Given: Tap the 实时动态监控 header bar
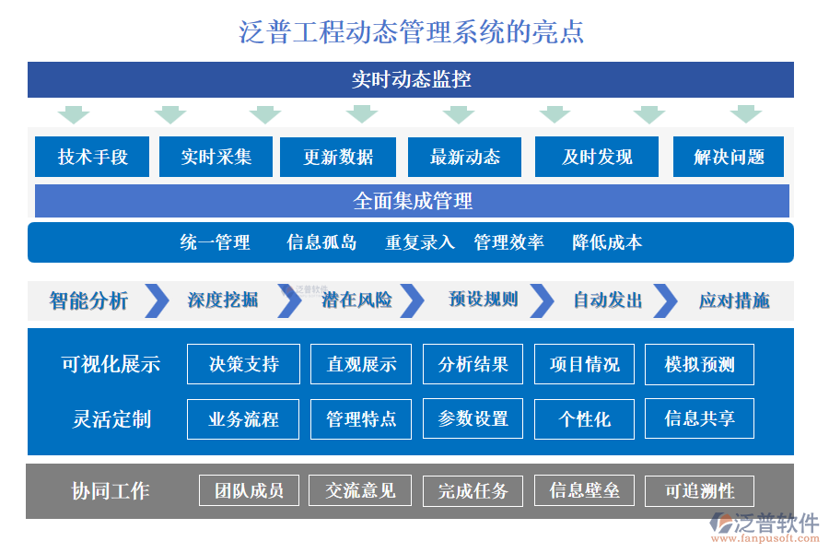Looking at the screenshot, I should [x=411, y=79].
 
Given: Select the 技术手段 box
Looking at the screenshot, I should [x=92, y=157].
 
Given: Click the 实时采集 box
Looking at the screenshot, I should [x=216, y=157].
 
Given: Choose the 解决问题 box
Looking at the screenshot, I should [x=729, y=157].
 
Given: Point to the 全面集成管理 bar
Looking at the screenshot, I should [x=412, y=201].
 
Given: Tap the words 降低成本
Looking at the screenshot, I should [x=607, y=242].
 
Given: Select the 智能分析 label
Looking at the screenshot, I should [x=88, y=300].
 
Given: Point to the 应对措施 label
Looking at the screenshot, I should [x=734, y=300].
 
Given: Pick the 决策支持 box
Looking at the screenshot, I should [x=243, y=364].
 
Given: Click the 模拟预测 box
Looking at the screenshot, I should [x=699, y=364].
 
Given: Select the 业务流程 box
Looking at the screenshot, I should [x=243, y=418].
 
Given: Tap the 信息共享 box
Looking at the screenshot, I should [x=699, y=418].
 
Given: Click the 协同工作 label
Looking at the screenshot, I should [x=111, y=491].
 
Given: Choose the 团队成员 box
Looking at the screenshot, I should [x=249, y=490].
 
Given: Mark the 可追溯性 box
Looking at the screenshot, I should [x=699, y=490].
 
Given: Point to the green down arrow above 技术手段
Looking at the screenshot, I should [x=74, y=114].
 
